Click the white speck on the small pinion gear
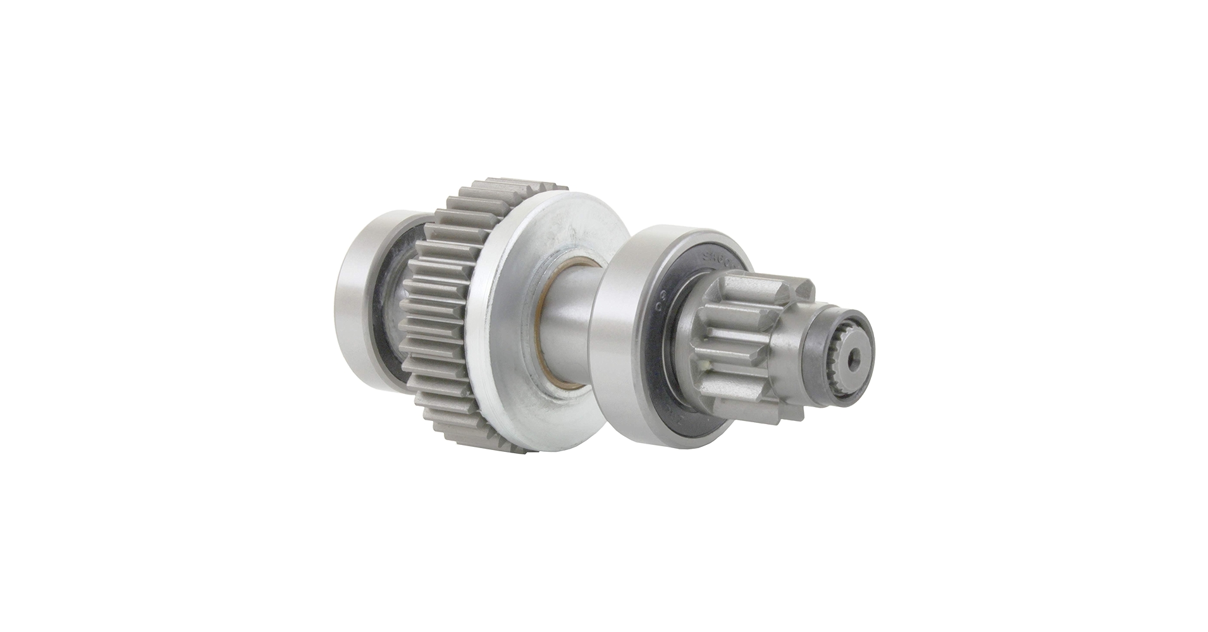703,365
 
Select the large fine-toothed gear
430,316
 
